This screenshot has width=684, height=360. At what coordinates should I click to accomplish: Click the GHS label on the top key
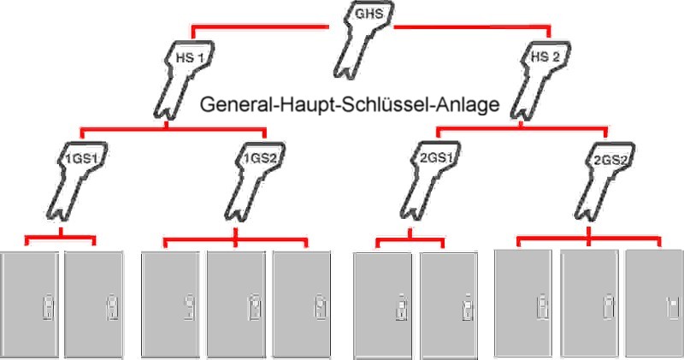click(x=369, y=14)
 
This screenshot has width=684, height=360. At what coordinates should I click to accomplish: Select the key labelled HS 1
click(x=179, y=79)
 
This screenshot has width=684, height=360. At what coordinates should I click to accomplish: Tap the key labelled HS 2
click(x=537, y=79)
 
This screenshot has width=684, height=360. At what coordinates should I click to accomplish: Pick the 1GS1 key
click(x=74, y=180)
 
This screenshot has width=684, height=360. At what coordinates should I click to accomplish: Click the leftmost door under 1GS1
click(x=29, y=305)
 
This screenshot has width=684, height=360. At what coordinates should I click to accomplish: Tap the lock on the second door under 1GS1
click(x=112, y=307)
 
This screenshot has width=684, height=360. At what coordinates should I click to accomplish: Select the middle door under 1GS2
click(x=236, y=305)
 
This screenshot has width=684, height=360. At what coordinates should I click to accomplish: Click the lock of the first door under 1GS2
click(x=190, y=307)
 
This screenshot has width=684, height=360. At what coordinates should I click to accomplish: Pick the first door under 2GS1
click(x=382, y=306)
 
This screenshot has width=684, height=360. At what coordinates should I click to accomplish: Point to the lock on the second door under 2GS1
click(x=468, y=307)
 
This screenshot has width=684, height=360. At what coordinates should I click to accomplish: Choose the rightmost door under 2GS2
click(x=655, y=304)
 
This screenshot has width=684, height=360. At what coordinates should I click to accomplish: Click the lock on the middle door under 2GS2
click(x=609, y=306)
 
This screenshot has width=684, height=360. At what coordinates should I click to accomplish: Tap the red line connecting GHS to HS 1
click(x=259, y=28)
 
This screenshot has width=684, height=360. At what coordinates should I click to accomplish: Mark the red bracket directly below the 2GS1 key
click(x=410, y=239)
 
